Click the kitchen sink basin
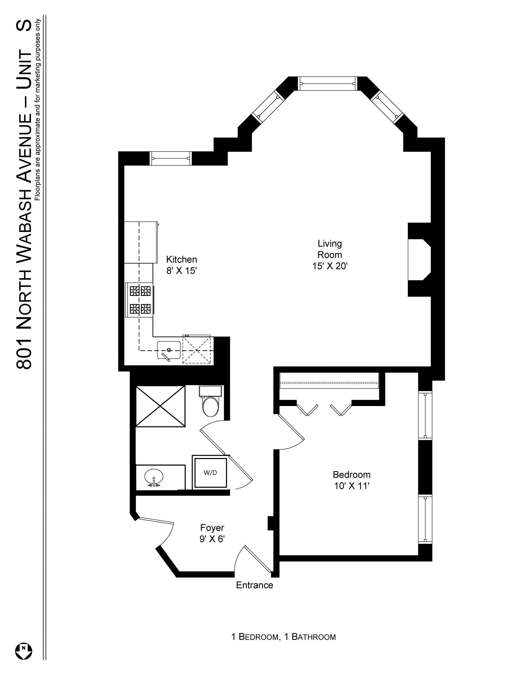pyautogui.click(x=169, y=350)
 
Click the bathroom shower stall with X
pyautogui.click(x=160, y=406)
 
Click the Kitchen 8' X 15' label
pyautogui.click(x=182, y=265)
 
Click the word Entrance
pyautogui.click(x=255, y=585)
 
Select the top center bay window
pyautogui.click(x=328, y=83)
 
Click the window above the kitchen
pyautogui.click(x=171, y=159)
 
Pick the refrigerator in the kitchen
pyautogui.click(x=141, y=242)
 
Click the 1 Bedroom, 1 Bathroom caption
pyautogui.click(x=284, y=637)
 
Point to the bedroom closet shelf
pyautogui.click(x=329, y=381)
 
